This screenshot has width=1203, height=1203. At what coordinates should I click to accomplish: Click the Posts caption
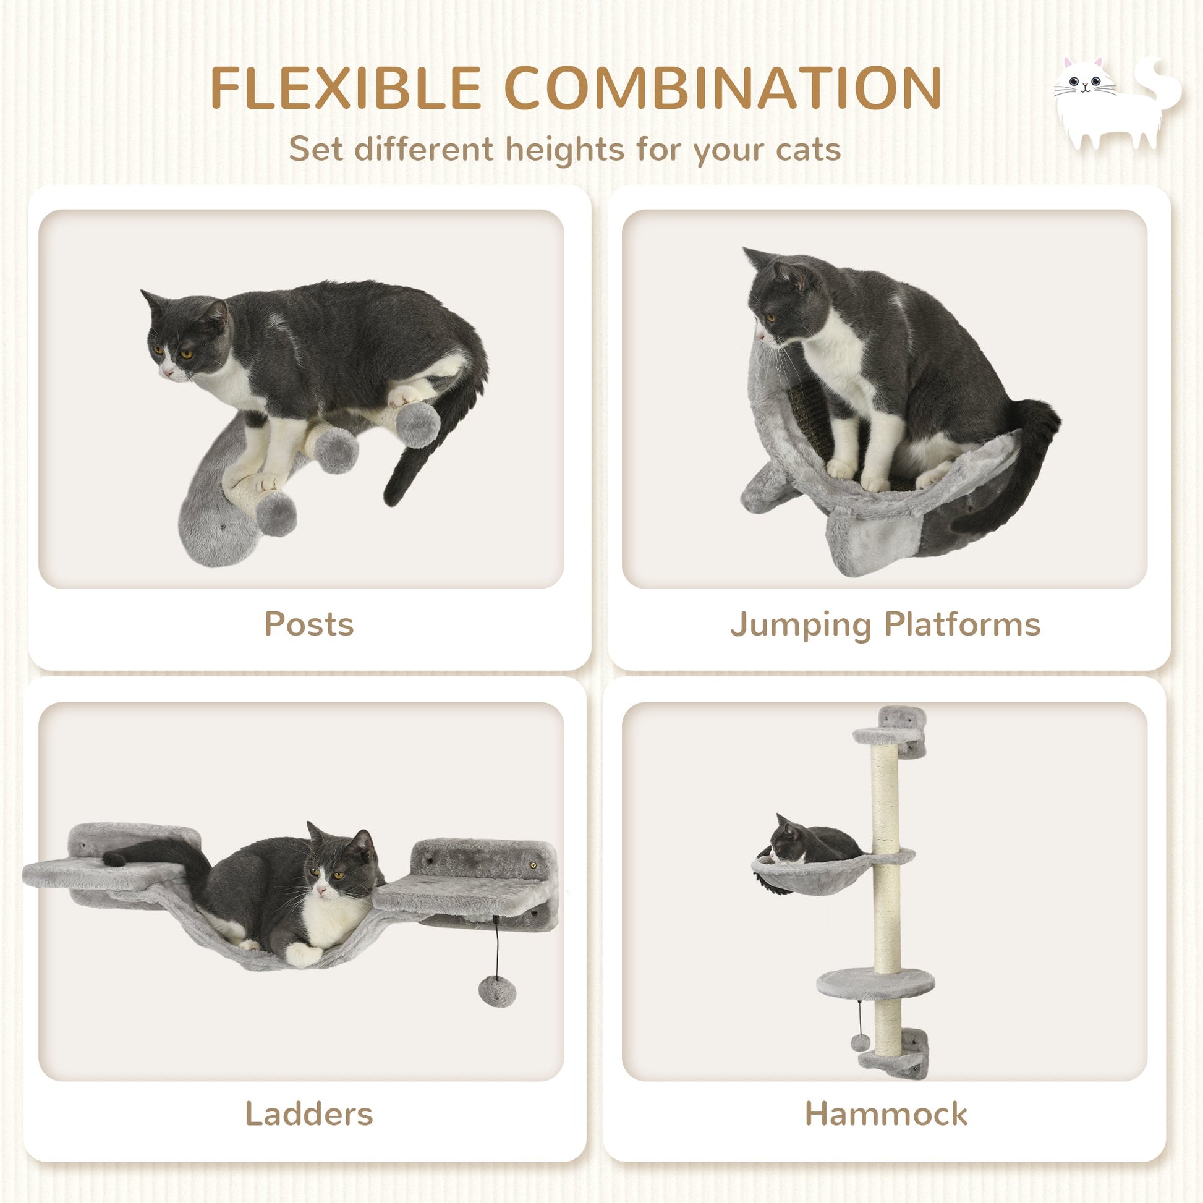tap(309, 624)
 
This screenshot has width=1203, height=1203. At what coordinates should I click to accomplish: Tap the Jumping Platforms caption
tap(885, 624)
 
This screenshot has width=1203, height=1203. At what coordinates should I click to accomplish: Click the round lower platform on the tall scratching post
tap(875, 982)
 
